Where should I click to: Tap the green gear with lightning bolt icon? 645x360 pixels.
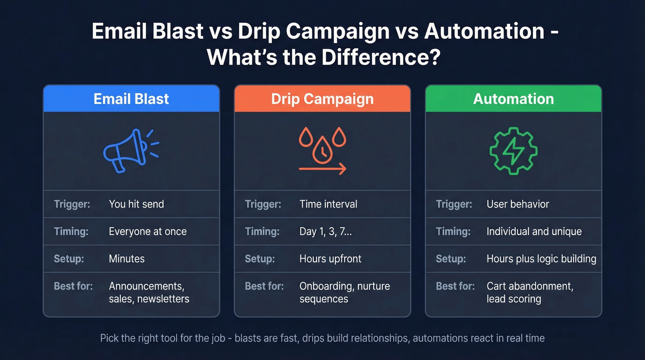pos(513,151)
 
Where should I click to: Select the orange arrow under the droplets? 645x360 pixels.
pos(322,169)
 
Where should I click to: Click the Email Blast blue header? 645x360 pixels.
pos(131,99)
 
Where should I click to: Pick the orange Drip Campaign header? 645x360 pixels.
pos(322,99)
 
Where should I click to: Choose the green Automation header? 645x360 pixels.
pos(513,99)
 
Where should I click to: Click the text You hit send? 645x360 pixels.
pos(136,204)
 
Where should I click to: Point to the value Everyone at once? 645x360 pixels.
pos(147,231)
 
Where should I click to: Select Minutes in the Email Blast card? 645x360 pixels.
pos(127,259)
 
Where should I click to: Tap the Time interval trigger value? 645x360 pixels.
pos(328,204)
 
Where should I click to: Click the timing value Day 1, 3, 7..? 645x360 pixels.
pos(325,231)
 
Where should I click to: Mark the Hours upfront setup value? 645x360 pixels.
pos(330,259)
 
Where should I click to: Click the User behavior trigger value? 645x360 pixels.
pos(518,204)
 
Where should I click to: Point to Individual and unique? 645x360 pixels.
pos(534,231)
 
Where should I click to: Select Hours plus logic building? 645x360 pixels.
pos(541,259)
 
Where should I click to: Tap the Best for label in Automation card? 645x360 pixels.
pos(455,286)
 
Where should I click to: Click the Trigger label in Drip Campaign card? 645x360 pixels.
pos(263,204)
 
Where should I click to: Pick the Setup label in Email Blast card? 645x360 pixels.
pos(69,259)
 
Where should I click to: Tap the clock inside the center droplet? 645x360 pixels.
pos(322,150)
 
